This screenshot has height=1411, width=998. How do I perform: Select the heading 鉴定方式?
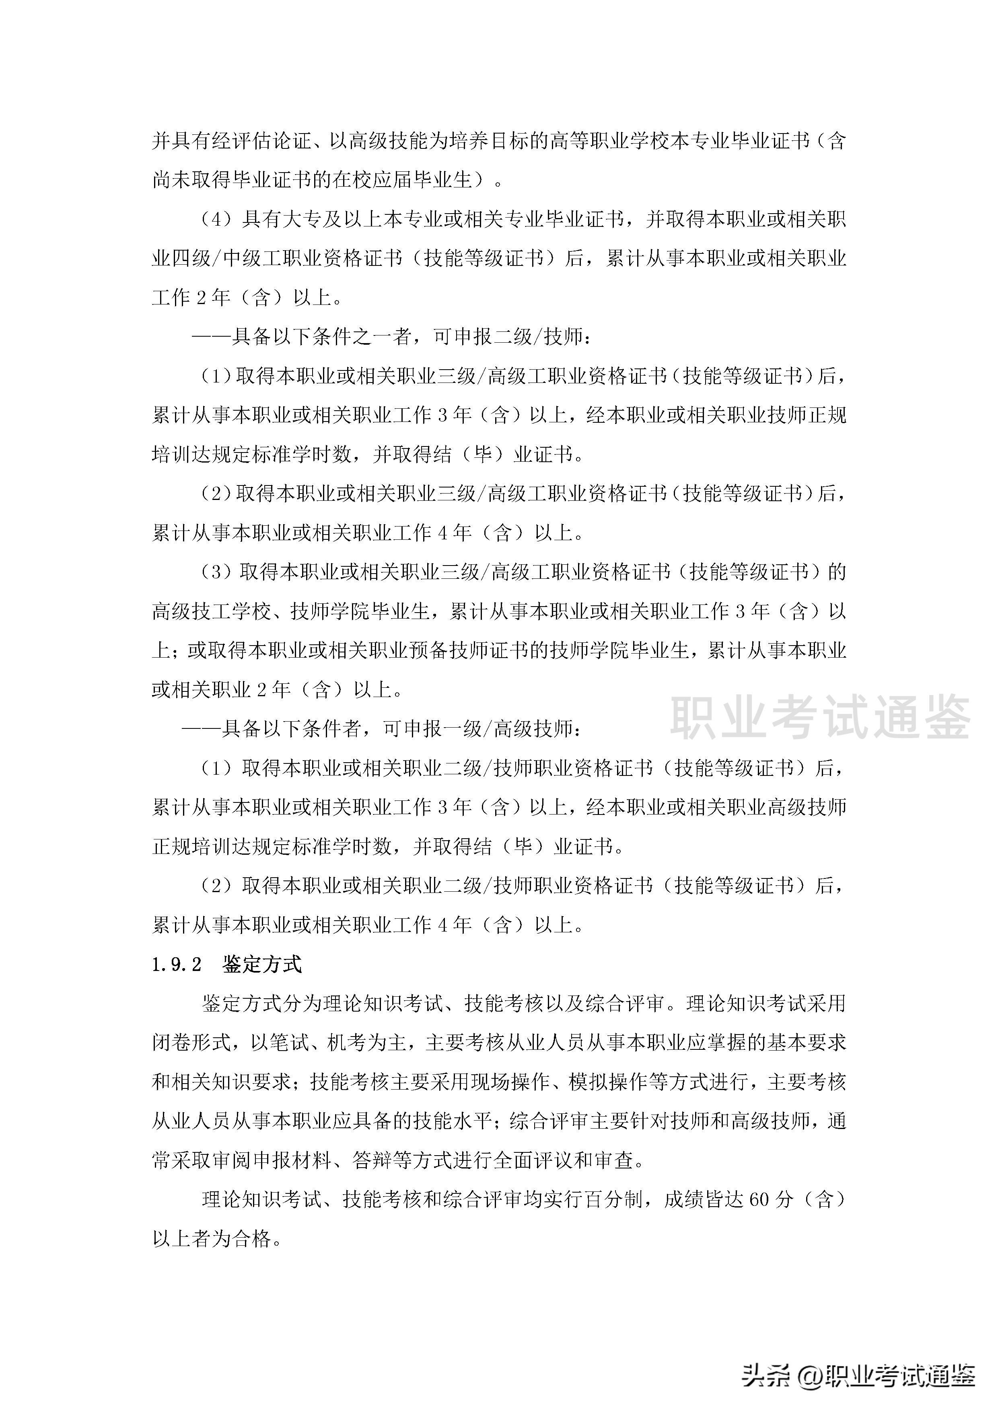[262, 964]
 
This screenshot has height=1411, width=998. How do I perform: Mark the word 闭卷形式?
[191, 1042]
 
